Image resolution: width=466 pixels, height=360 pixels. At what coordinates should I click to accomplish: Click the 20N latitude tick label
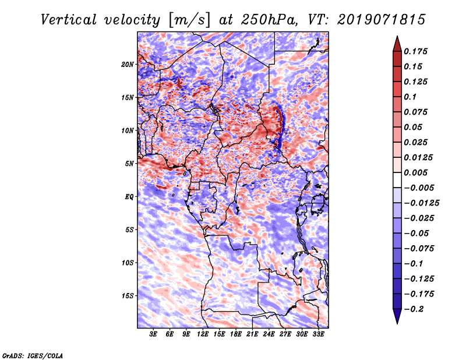point(128,64)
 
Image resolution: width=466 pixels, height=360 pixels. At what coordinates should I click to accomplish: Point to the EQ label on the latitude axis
point(129,196)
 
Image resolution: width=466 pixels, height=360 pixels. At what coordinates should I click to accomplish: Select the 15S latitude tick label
point(128,295)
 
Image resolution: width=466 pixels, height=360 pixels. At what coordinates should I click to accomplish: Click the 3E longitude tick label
point(154,334)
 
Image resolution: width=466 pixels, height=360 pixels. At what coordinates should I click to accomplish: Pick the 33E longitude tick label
point(319,334)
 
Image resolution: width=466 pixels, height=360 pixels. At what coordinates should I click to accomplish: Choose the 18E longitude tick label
point(236,334)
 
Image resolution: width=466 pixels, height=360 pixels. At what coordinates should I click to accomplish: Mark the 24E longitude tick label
point(270,334)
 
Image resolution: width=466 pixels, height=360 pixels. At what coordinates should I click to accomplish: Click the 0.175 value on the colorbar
point(417,51)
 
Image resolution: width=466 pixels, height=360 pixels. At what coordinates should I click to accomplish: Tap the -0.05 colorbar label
point(417,233)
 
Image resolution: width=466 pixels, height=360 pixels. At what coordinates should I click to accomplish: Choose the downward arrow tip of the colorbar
point(397,321)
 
